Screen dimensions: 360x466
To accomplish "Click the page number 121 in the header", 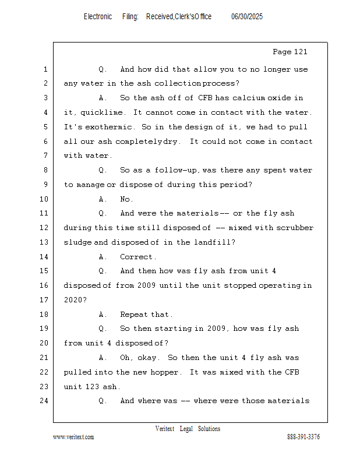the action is [300, 52].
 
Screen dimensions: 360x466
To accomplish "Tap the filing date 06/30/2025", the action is [247, 16].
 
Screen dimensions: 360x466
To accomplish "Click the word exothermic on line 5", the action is [108, 127].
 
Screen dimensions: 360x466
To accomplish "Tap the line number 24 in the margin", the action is [44, 401].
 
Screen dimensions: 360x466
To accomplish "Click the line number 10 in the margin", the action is [44, 199].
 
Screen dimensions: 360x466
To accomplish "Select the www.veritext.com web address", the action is [73, 437].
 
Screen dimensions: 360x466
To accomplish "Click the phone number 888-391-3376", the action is [303, 437].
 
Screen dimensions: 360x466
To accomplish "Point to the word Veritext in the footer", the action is [165, 429].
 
